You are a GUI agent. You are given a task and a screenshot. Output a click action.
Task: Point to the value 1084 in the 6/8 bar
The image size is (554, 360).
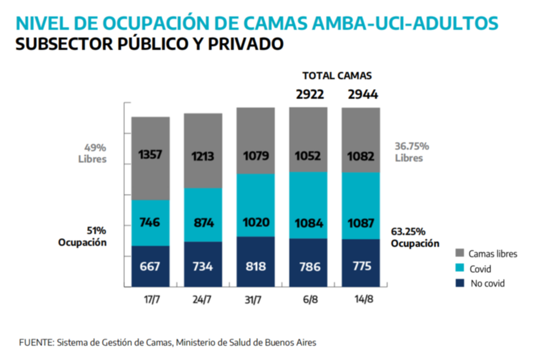click(308, 223)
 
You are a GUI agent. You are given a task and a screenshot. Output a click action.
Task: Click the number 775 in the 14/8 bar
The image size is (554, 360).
click(361, 267)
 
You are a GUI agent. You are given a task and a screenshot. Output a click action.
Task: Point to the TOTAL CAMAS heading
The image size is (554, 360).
click(337, 76)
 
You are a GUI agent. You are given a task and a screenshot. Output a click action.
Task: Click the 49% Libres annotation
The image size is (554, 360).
click(92, 153)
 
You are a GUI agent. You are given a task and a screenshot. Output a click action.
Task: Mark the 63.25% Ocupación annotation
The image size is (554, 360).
click(415, 237)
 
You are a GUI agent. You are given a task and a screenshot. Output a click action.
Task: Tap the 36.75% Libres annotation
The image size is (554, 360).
click(412, 152)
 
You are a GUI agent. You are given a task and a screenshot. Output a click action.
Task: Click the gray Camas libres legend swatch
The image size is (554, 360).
click(460, 254)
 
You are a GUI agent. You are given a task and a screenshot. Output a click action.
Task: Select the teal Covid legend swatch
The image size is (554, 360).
click(460, 268)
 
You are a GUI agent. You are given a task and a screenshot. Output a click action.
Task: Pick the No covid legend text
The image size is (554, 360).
click(488, 283)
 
